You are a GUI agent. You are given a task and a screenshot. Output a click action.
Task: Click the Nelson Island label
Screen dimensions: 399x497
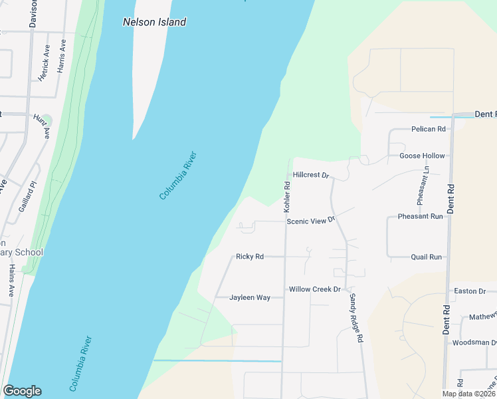(154, 22)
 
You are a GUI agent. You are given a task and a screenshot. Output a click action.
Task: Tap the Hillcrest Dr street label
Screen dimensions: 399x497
(310, 176)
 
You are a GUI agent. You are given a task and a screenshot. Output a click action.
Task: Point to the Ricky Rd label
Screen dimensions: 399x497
(250, 256)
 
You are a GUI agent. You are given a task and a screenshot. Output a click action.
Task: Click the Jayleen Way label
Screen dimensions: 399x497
(250, 297)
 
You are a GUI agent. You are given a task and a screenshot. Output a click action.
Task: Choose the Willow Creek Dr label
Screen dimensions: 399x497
(314, 289)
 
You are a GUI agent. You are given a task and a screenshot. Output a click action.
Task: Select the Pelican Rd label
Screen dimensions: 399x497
(428, 129)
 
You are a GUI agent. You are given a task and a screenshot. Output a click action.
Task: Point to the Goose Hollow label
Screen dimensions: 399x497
(422, 156)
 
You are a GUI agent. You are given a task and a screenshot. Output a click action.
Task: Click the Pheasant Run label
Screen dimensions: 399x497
(420, 216)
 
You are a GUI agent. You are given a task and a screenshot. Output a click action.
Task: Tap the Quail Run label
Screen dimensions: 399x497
(426, 257)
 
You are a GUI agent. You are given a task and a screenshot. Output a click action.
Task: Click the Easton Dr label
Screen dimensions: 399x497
(469, 291)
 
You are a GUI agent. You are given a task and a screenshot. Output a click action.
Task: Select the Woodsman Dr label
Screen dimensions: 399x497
(474, 342)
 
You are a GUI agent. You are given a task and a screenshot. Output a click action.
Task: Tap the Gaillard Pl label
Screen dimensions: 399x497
(27, 196)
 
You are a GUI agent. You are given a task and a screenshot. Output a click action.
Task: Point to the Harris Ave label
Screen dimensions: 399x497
(62, 56)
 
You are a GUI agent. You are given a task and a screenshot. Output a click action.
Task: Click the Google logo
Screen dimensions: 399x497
(22, 391)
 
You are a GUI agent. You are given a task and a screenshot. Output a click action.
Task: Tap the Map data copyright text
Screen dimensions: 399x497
(469, 394)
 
